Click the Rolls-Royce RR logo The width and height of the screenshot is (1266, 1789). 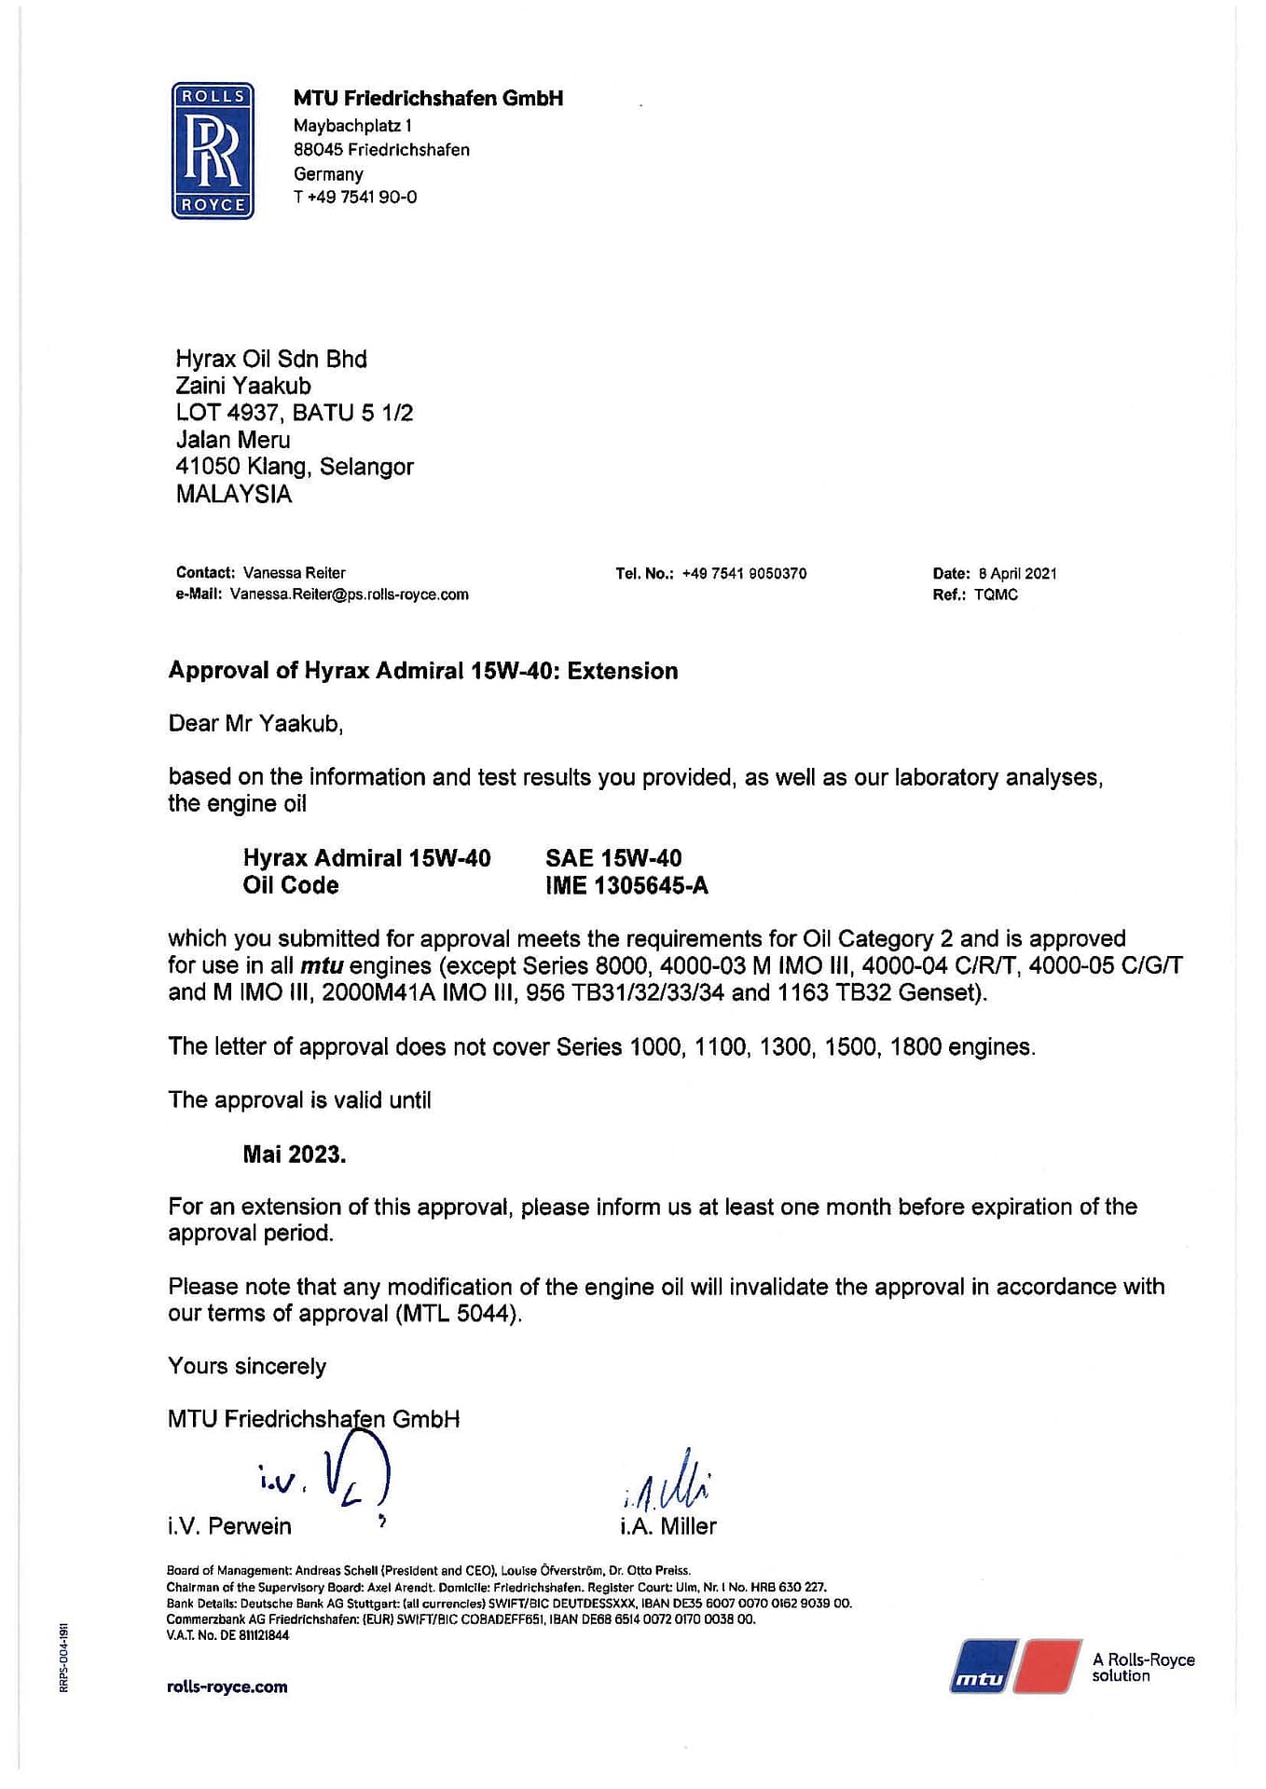[213, 151]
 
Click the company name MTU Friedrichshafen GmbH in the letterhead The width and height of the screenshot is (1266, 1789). [428, 98]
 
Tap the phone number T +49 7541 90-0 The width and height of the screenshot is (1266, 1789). [355, 197]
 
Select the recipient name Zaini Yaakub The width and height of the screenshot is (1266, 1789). [243, 386]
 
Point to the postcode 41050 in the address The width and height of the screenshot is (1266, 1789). [208, 467]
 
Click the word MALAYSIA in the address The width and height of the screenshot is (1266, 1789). [234, 494]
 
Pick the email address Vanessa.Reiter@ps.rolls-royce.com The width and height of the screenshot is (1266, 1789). [349, 594]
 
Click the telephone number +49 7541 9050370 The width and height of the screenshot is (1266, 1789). [744, 573]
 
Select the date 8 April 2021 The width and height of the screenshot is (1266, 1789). [1017, 573]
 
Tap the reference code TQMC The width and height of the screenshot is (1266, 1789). [996, 594]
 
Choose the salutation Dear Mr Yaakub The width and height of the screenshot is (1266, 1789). [255, 724]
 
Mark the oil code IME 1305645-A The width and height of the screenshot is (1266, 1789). [626, 885]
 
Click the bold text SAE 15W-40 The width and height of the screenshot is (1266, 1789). [613, 858]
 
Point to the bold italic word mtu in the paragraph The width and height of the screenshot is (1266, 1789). [322, 965]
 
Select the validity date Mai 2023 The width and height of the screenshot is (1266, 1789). [295, 1154]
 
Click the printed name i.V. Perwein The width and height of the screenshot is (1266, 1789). [229, 1526]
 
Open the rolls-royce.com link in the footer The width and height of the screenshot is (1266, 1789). [227, 1687]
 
